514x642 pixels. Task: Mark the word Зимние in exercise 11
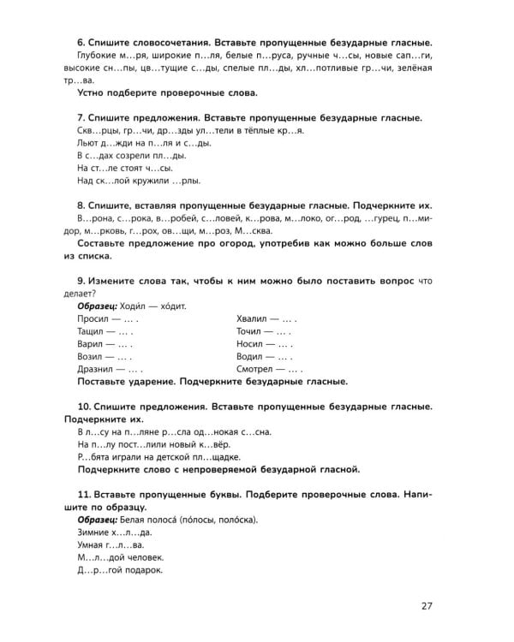pyautogui.click(x=94, y=532)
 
